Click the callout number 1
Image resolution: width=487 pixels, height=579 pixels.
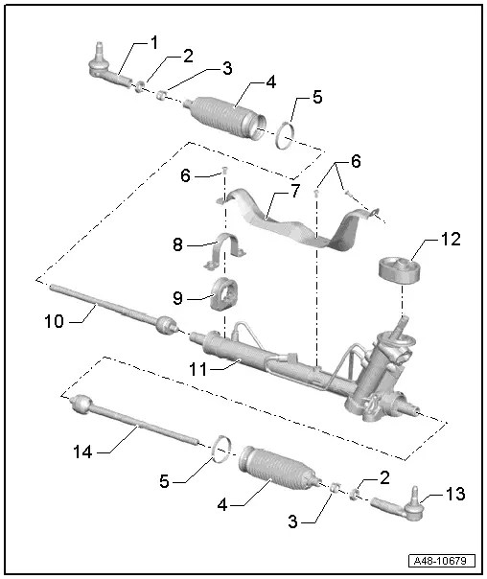(x=152, y=42)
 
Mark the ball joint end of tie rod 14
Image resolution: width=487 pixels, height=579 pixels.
(x=79, y=405)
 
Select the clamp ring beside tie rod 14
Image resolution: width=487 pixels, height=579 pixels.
(x=220, y=446)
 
